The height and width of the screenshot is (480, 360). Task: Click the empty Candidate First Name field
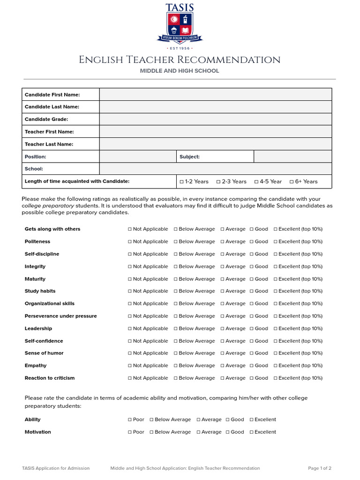[215, 95]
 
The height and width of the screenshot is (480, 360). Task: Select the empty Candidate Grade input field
[215, 119]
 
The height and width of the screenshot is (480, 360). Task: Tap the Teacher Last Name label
[49, 144]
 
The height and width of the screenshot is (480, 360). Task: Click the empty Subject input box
[292, 157]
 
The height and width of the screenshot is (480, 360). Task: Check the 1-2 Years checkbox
[182, 182]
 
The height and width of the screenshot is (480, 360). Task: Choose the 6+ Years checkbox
[292, 182]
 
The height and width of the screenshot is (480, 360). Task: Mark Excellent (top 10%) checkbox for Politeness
[276, 242]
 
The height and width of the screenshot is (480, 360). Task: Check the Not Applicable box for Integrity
[130, 267]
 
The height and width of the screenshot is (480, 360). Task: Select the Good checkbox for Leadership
[252, 329]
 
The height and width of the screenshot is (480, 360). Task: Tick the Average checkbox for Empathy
[223, 366]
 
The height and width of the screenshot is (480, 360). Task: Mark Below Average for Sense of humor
[176, 353]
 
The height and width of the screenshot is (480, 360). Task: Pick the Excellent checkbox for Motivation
[252, 432]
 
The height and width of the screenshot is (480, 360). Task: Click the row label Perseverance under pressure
[60, 316]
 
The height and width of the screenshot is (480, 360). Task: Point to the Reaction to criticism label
[49, 378]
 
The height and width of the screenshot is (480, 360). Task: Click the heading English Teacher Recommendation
[180, 60]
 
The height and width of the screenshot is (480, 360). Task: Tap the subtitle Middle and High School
[180, 71]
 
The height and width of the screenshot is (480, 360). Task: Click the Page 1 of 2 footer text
[319, 468]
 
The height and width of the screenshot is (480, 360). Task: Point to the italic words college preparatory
[48, 206]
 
